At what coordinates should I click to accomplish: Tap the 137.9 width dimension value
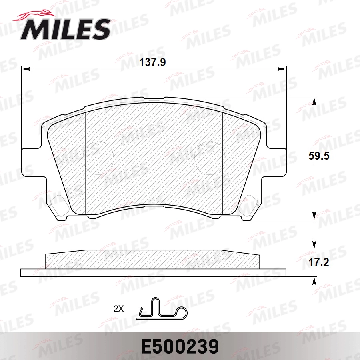152,62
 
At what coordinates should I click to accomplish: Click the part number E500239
180,346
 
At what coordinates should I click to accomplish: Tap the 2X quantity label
119,309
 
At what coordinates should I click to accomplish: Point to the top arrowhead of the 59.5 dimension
315,102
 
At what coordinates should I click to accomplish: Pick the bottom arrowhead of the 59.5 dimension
315,216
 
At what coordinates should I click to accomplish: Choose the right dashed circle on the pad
208,157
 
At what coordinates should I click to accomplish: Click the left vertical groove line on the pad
86,164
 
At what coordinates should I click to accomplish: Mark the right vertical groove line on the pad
222,164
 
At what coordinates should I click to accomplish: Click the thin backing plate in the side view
153,273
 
